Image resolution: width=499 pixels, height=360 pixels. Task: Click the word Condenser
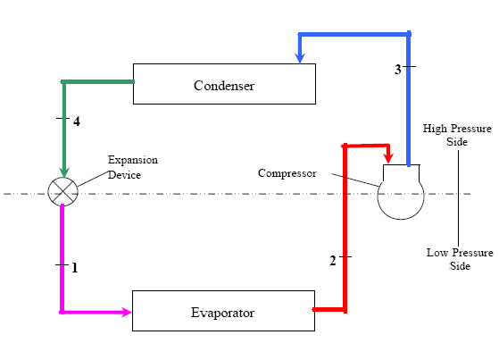tap(224, 86)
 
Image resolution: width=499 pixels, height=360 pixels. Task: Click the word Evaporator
tap(223, 313)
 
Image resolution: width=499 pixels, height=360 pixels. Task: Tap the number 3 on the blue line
tap(398, 69)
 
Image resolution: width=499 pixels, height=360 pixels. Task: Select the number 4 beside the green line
tap(77, 121)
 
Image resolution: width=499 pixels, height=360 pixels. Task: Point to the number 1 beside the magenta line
tap(75, 268)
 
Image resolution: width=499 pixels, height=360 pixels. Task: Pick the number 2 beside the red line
tap(333, 261)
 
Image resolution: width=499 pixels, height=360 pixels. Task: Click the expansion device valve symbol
tap(63, 192)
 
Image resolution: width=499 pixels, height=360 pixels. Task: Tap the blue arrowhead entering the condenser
tap(300, 58)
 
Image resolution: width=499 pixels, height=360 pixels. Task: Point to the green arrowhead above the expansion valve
tap(64, 172)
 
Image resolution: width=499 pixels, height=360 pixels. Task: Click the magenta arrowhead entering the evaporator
tap(126, 312)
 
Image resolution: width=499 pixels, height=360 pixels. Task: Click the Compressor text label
tap(287, 173)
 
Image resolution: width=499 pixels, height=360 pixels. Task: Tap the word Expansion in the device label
tap(133, 160)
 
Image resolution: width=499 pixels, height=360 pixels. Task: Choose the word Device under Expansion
tap(124, 175)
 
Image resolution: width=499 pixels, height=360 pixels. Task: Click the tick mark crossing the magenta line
tap(62, 264)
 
